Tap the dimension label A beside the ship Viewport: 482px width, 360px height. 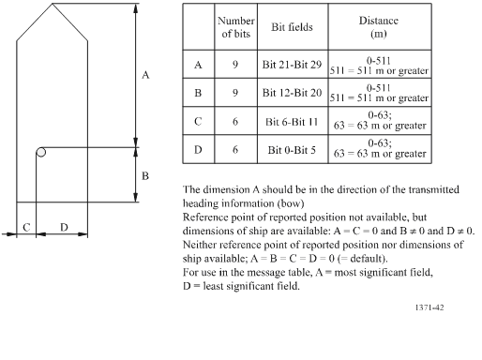(145, 76)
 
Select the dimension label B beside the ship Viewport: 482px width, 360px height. (144, 175)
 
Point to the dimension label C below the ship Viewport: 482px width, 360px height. (27, 227)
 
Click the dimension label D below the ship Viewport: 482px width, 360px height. (63, 227)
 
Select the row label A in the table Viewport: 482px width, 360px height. (198, 66)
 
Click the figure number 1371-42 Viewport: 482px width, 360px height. (429, 306)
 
